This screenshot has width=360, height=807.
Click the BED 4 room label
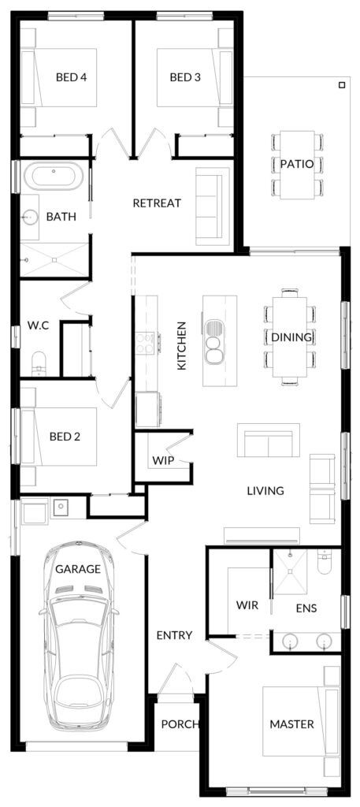[x=71, y=77]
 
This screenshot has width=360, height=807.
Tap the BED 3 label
[x=185, y=77]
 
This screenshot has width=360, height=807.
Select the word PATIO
[x=297, y=164]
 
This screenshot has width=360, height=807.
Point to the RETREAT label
[x=157, y=203]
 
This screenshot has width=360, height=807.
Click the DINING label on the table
[x=291, y=337]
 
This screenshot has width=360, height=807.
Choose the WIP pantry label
[x=162, y=460]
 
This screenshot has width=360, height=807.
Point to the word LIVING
[x=265, y=490]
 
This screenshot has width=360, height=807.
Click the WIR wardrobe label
[x=247, y=605]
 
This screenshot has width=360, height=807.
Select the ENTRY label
[x=174, y=636]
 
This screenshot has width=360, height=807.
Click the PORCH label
[x=180, y=725]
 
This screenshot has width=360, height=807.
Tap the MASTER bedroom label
[x=291, y=725]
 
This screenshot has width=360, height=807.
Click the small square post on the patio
[x=341, y=85]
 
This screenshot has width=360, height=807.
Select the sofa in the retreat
[x=210, y=206]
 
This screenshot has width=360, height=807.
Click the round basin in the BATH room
[x=31, y=217]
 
